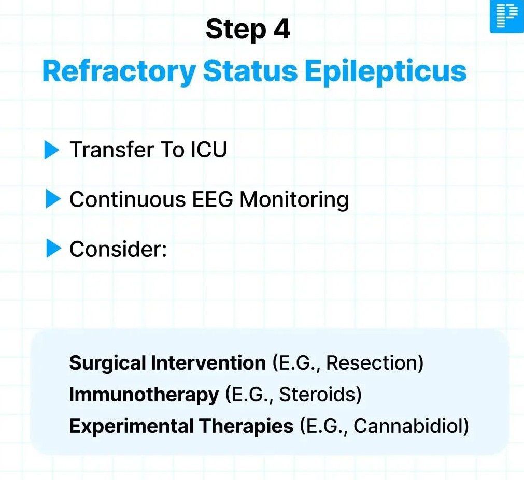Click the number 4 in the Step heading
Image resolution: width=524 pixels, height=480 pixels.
coord(282,29)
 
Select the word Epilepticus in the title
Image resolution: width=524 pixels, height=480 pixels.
coord(385,72)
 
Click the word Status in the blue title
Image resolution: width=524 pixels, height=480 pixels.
coord(250,71)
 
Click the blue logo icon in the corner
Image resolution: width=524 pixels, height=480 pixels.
coord(507,17)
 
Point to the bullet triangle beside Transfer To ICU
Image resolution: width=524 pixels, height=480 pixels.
coord(52,150)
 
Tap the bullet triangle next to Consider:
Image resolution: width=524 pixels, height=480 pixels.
coord(54,249)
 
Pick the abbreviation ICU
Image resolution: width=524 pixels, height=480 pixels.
coord(209,150)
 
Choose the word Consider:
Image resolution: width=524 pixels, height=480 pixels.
coord(118,249)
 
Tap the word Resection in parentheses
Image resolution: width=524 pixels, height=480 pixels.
coord(375,363)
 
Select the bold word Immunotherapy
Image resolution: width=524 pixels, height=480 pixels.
coord(144,395)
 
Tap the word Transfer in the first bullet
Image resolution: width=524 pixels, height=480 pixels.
coord(111,150)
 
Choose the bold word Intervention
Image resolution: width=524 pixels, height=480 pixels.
coord(208,363)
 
